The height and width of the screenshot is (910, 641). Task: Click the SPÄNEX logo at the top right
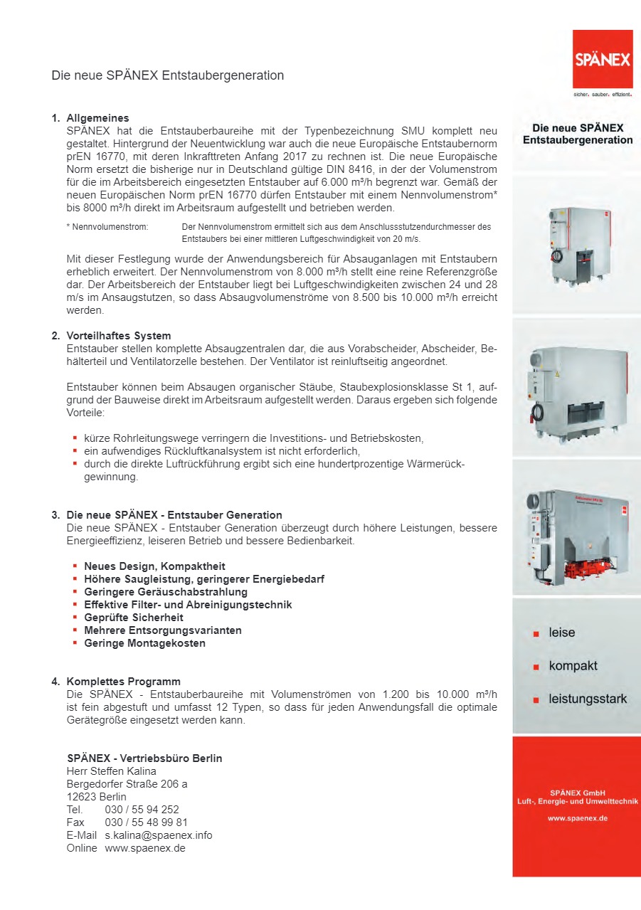tap(603, 60)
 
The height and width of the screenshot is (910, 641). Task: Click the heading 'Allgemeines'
tap(97, 118)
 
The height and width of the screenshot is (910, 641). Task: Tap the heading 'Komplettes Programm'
tap(123, 682)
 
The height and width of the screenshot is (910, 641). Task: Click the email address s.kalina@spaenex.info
tap(159, 835)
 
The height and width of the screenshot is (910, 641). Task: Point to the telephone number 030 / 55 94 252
tap(142, 810)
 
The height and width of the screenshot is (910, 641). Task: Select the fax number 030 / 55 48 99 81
tap(146, 822)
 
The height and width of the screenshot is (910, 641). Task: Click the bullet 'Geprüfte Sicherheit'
tap(133, 618)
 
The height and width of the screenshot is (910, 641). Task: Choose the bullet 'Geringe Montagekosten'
tap(144, 643)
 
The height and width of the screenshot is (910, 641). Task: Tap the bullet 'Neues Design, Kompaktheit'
tap(154, 566)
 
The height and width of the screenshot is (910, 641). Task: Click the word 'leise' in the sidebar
tap(562, 633)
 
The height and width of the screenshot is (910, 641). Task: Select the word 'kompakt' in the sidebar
tap(573, 666)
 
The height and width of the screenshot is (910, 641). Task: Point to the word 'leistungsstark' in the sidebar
tap(588, 699)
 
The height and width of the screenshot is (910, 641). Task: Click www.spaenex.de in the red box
tap(577, 818)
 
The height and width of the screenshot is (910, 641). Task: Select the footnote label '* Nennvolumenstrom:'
tap(107, 228)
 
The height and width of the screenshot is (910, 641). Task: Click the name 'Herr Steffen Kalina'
tap(111, 771)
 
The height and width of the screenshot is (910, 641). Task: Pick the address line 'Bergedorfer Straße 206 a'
tap(127, 784)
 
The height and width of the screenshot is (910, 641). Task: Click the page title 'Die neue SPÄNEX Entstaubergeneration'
tap(167, 75)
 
